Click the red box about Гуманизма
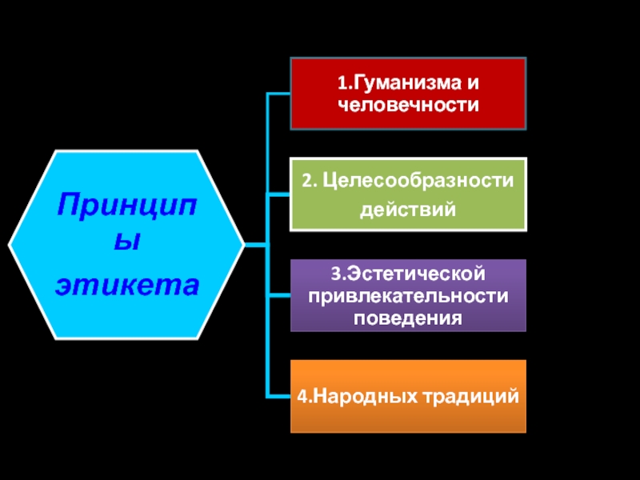tap(408, 93)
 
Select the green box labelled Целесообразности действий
tap(408, 194)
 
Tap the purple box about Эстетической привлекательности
tap(408, 295)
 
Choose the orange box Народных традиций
tap(408, 396)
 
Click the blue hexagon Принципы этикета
tap(126, 243)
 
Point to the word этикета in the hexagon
tap(126, 284)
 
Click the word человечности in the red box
tap(408, 104)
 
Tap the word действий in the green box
tap(408, 210)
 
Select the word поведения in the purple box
tap(408, 318)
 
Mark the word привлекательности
tap(408, 296)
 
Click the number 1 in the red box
tap(340, 83)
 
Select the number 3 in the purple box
tap(335, 275)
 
